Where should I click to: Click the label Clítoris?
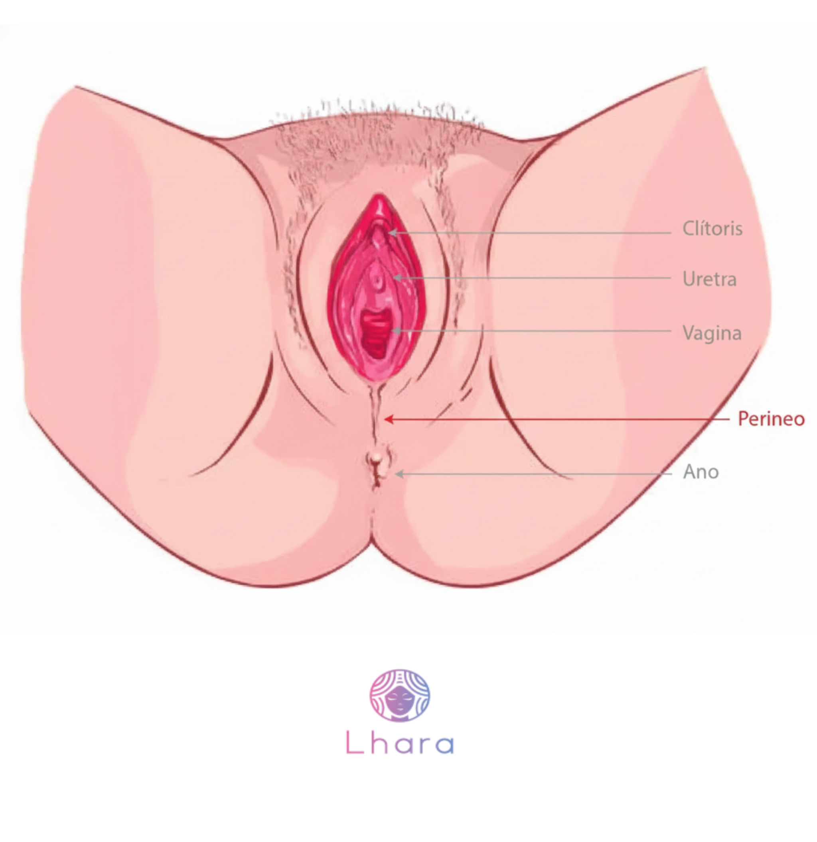click(x=712, y=228)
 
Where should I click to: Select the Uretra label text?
click(x=709, y=279)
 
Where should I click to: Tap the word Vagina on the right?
click(x=712, y=333)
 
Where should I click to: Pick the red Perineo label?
click(x=771, y=419)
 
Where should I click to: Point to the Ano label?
click(x=701, y=472)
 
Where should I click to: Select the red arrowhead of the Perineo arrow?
click(x=388, y=419)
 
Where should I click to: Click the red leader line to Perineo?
click(x=559, y=419)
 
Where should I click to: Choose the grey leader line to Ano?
click(x=537, y=474)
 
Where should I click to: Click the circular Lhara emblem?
click(x=400, y=695)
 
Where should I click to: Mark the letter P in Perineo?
click(x=743, y=419)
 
